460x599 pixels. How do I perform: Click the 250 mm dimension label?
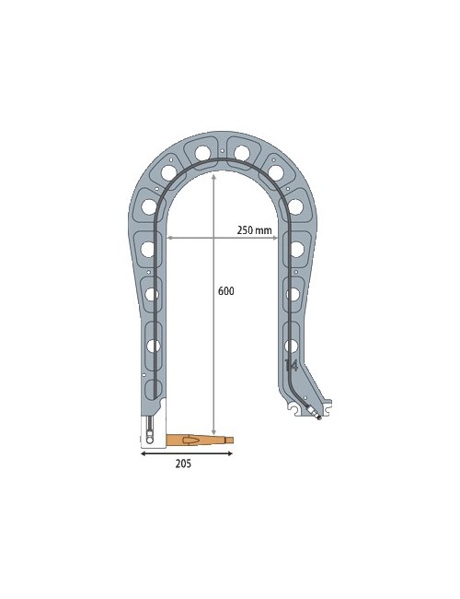254,229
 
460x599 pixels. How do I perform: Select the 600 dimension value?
225,291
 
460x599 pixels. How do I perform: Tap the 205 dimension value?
183,464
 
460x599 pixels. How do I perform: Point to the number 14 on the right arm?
291,365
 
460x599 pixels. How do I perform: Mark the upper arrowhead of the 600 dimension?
213,175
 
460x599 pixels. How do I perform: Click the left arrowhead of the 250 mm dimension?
167,239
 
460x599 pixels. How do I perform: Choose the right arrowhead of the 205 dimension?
230,453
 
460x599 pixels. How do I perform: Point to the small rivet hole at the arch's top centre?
222,149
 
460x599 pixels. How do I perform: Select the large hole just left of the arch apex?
202,153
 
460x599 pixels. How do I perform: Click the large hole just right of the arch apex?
242,153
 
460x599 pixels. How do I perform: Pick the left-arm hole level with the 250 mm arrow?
147,249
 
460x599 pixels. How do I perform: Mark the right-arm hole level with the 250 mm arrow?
296,249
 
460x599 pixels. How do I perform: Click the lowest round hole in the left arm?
153,346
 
